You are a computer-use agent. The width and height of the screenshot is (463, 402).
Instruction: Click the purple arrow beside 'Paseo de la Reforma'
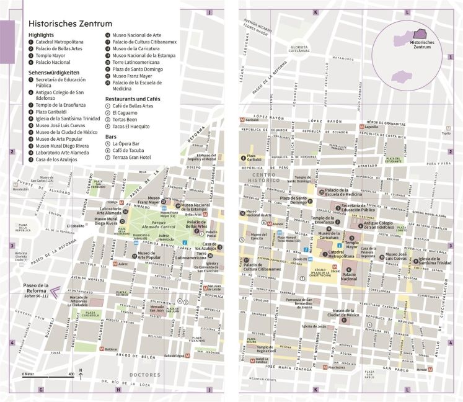(57, 288)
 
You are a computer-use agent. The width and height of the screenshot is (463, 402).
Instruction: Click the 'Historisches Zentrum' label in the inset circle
(420, 45)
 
